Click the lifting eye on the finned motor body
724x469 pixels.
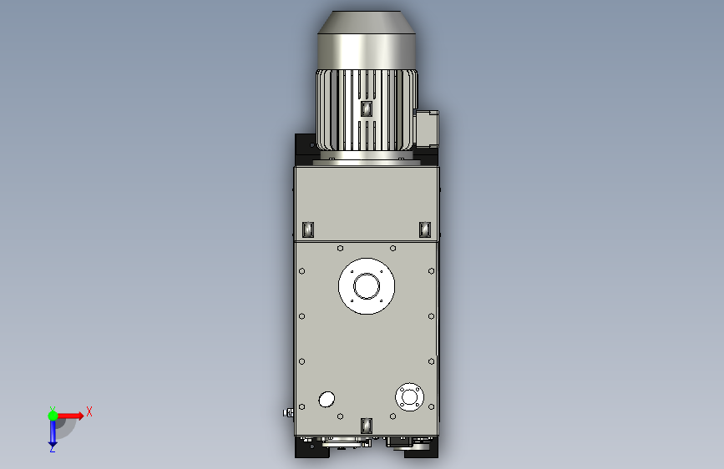(366, 109)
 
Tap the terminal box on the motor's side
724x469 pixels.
(428, 129)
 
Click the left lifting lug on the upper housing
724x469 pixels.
(308, 229)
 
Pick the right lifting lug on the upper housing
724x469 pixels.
(425, 229)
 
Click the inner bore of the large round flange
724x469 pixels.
(367, 286)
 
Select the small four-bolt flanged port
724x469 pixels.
(409, 396)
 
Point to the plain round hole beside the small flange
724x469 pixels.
(327, 399)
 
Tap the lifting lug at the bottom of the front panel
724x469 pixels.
(366, 426)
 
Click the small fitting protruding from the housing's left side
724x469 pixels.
(289, 413)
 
